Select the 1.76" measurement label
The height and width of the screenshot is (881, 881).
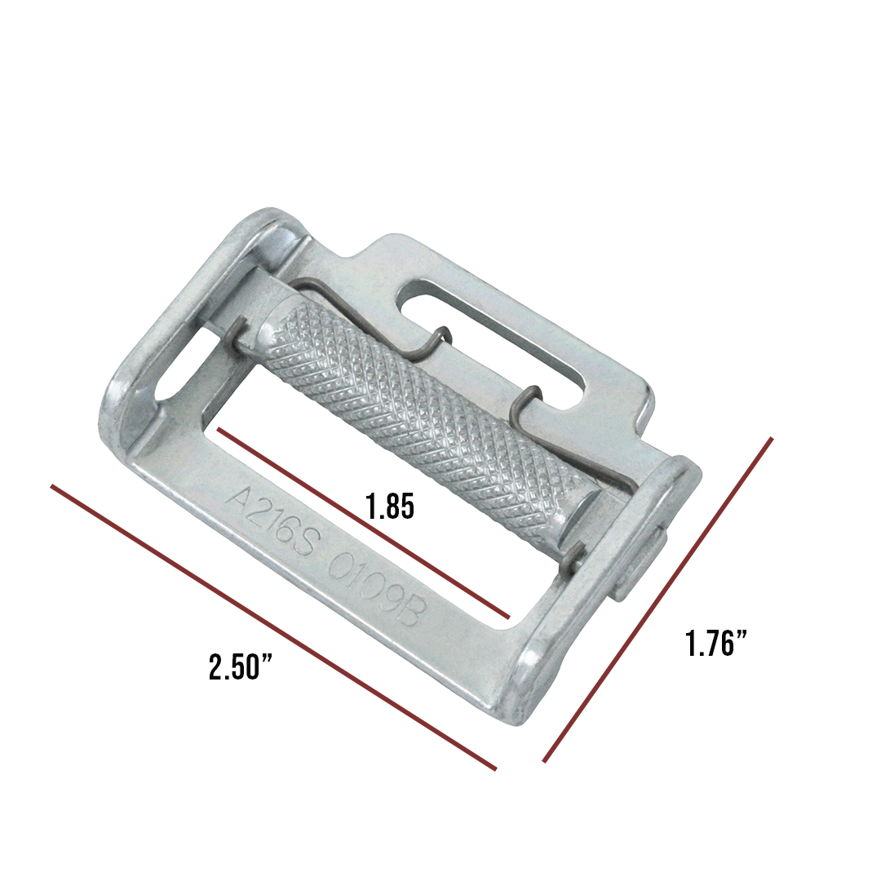click(716, 644)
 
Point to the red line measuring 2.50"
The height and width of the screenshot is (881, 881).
click(273, 627)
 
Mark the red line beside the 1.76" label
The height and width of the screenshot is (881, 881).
click(657, 600)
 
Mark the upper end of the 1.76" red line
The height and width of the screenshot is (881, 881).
click(771, 439)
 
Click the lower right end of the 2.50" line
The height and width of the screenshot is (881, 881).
click(495, 768)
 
